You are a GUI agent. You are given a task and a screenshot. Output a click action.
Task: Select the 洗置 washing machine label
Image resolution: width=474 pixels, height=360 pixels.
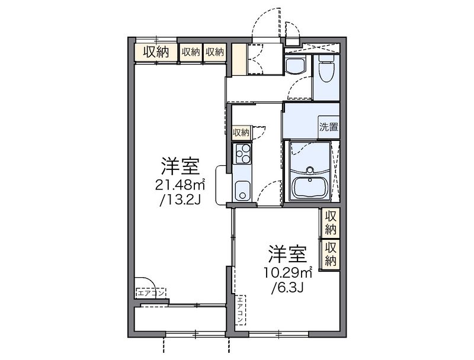[328, 126]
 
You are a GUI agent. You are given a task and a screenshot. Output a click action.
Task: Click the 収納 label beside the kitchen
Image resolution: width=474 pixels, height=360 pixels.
[241, 131]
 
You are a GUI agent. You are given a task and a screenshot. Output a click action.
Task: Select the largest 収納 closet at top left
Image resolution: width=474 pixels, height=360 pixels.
[155, 52]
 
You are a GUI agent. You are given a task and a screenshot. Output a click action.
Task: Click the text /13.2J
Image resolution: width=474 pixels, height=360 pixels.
[180, 200]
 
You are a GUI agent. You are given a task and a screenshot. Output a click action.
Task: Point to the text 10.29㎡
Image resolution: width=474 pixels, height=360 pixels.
[289, 273]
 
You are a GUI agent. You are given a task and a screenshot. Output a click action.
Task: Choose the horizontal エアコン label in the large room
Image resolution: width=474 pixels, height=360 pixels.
[151, 292]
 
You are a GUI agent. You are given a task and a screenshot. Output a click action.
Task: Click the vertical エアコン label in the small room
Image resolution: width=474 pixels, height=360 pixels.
[241, 310]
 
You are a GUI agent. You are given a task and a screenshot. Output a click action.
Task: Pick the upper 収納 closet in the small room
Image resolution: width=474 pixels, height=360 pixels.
[331, 223]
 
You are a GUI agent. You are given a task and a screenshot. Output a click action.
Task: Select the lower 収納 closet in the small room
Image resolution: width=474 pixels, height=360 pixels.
[331, 253]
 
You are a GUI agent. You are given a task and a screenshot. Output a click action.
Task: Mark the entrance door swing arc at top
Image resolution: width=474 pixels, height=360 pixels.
[264, 24]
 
